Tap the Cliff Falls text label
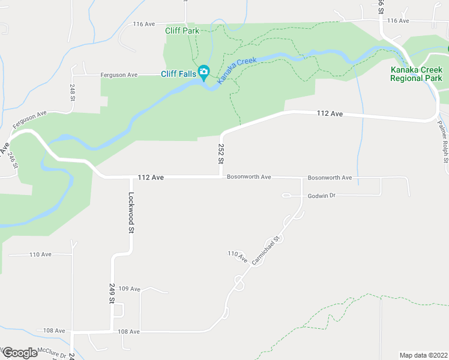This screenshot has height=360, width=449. coord(178,74)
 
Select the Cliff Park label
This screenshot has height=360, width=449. coord(182,31)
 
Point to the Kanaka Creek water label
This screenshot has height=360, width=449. coord(237,70)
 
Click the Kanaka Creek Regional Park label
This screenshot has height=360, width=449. coord(416,74)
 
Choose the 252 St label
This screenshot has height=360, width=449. coord(221,154)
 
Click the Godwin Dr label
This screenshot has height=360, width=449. coord(322,196)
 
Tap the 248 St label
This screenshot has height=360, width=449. coord(71,92)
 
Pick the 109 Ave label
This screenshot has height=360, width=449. coord(129,289)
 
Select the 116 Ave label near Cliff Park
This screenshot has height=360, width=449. coord(145,24)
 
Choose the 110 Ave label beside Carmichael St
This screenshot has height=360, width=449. coord(238,256)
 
